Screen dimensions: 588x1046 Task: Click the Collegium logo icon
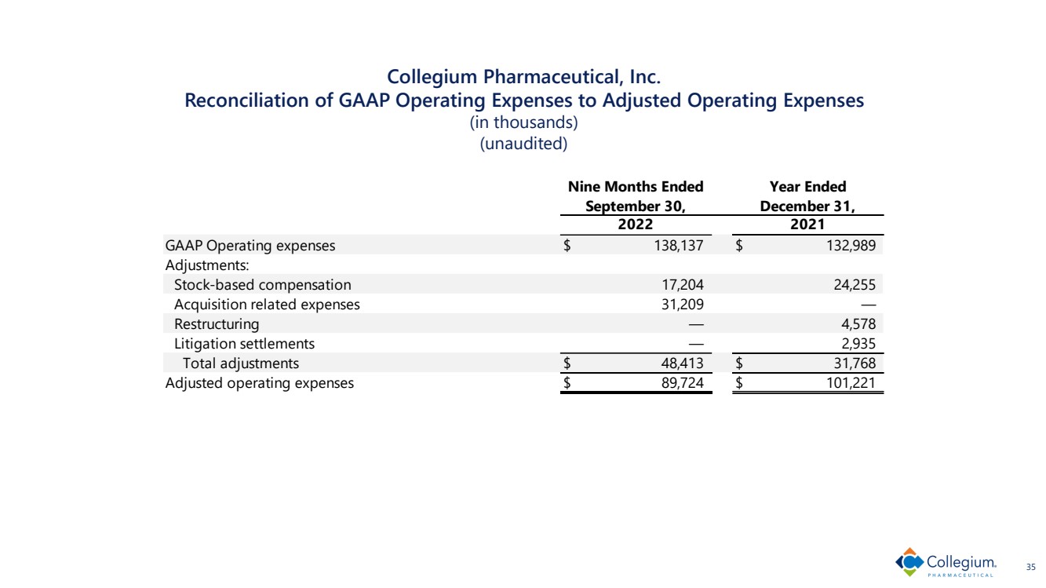pos(909,563)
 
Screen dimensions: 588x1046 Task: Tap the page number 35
pos(1030,565)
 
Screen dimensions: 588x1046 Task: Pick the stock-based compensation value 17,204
pos(683,285)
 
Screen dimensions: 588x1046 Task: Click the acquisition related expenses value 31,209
pos(683,305)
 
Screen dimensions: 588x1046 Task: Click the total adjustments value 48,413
pos(683,363)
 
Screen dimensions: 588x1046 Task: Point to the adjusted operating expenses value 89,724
pos(683,384)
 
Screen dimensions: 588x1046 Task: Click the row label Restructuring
pos(217,324)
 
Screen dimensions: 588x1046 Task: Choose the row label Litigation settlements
pos(244,344)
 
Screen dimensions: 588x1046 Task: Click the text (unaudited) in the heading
pos(523,144)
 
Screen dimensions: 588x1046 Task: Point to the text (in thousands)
pos(523,123)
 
